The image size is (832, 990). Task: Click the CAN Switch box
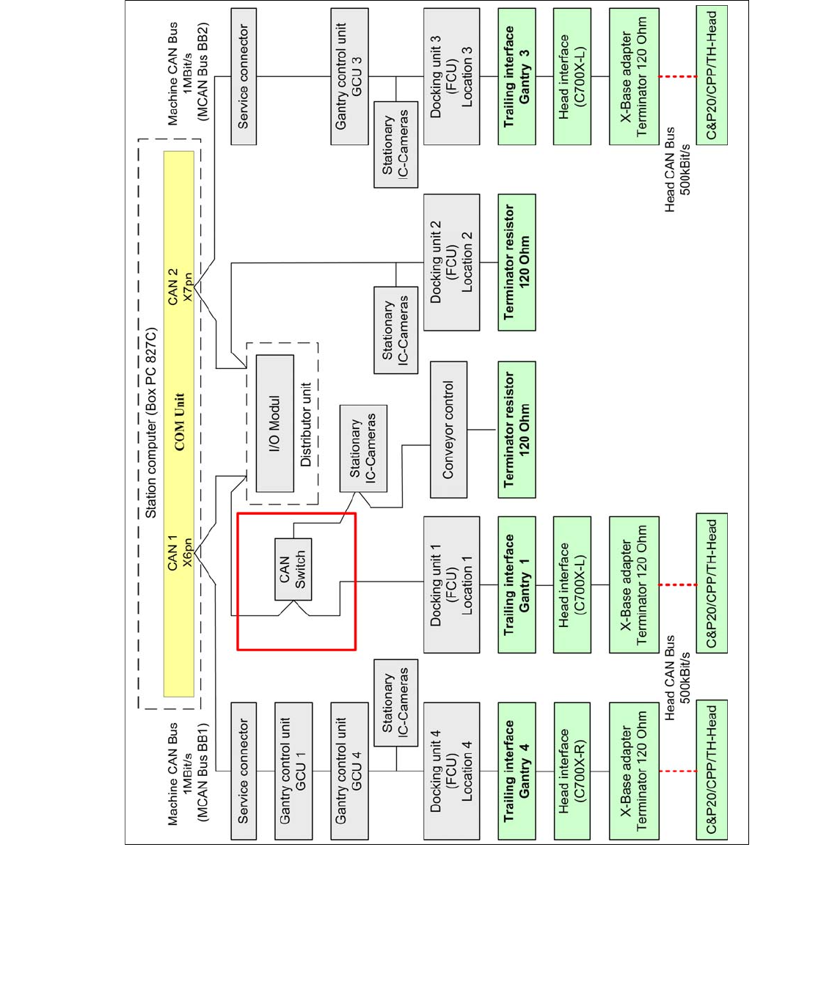[x=293, y=570]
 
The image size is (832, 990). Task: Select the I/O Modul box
[x=274, y=423]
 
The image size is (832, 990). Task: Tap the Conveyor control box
[x=448, y=429]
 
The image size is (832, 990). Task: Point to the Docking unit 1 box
[x=451, y=584]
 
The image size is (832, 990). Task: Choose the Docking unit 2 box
[x=451, y=262]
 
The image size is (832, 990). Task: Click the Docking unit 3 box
[x=451, y=76]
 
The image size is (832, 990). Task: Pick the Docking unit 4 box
[x=451, y=771]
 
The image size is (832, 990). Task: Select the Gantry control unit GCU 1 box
[x=293, y=771]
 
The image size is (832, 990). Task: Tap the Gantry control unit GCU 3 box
[x=349, y=76]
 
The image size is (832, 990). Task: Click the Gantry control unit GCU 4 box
[x=349, y=771]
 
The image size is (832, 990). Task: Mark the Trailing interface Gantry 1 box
[x=517, y=584]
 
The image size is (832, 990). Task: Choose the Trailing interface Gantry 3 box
[x=517, y=76]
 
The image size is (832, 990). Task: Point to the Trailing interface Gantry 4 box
[x=517, y=771]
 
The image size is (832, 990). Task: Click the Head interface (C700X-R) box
[x=572, y=771]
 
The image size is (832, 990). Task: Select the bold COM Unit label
[x=179, y=422]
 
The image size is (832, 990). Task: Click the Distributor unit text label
[x=306, y=424]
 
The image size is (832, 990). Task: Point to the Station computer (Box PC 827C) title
[x=151, y=422]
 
